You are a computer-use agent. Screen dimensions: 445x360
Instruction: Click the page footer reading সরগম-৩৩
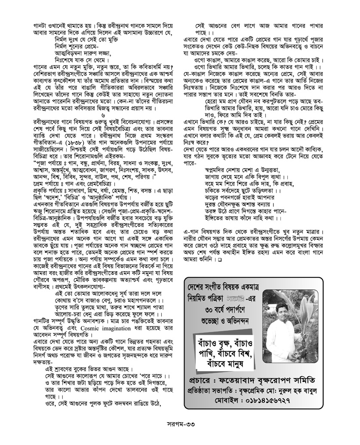(180, 430)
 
